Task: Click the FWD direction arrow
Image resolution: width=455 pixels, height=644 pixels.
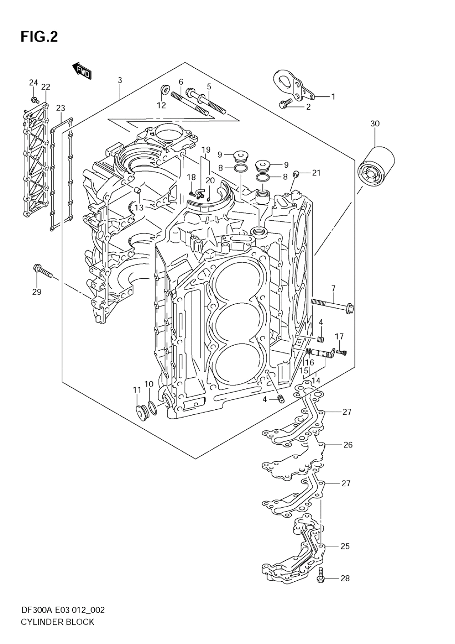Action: (x=82, y=71)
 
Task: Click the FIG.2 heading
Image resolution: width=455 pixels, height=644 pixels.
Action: (x=39, y=37)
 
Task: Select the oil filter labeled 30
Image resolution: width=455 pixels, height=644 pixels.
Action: (x=376, y=165)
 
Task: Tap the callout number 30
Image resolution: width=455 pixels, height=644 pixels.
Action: (x=375, y=124)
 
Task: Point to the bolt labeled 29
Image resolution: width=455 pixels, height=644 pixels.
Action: (x=43, y=272)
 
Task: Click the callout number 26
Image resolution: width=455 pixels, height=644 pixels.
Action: (x=348, y=445)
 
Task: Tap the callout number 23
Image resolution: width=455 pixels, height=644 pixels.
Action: (x=61, y=108)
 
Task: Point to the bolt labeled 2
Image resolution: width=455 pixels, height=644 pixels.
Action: (x=285, y=104)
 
